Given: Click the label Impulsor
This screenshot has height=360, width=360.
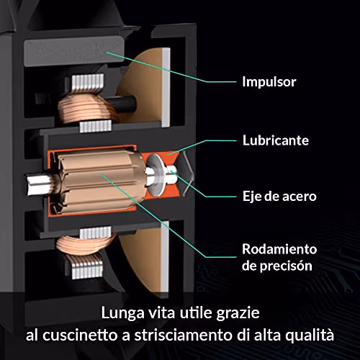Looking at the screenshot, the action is coord(269,82).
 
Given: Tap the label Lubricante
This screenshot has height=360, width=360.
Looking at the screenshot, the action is coord(276,140).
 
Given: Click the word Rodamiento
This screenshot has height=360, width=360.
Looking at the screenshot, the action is coord(279,249).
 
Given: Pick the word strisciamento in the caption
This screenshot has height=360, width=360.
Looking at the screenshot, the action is coord(183,335).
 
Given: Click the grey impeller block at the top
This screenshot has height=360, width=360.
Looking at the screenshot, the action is coord(74,51).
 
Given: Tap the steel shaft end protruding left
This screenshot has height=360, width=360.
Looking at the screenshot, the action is coord(38,184).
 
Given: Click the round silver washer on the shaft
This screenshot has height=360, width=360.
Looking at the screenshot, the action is coord(156,174).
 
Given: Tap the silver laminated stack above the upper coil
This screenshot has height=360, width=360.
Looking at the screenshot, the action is coord(88,83).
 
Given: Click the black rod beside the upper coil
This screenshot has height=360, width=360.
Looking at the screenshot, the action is coord(120,104).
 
